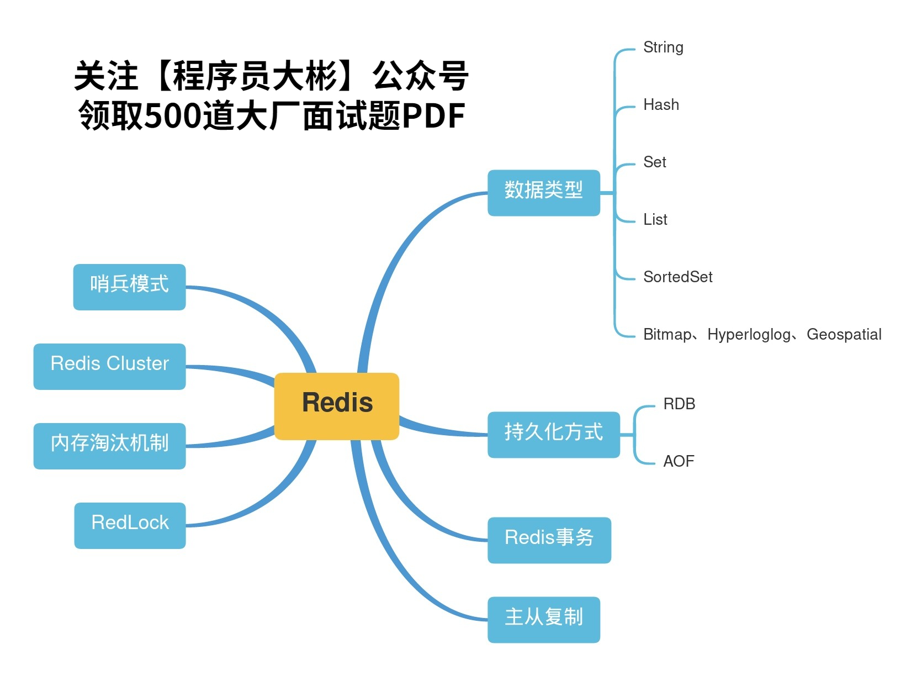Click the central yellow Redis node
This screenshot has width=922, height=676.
(337, 406)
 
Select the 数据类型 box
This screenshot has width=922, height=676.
(543, 192)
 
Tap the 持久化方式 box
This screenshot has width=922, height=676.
(553, 434)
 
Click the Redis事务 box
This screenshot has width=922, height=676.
(549, 540)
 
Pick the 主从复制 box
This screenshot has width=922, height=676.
(543, 619)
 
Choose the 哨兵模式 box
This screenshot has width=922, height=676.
(129, 287)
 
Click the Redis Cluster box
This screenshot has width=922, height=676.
(109, 366)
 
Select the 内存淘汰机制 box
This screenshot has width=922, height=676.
(109, 446)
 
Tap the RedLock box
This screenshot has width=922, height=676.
(130, 525)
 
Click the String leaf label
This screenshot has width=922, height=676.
(663, 47)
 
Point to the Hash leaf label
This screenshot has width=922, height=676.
(661, 105)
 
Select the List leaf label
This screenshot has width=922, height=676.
(655, 220)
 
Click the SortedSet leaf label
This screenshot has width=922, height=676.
(677, 277)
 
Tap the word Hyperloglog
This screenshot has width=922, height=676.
(748, 335)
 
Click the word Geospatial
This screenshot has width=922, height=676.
(844, 335)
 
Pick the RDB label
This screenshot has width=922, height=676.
(679, 404)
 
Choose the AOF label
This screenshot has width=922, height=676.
(679, 462)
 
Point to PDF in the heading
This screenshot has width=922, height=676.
(433, 116)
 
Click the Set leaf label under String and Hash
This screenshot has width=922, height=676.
(655, 162)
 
